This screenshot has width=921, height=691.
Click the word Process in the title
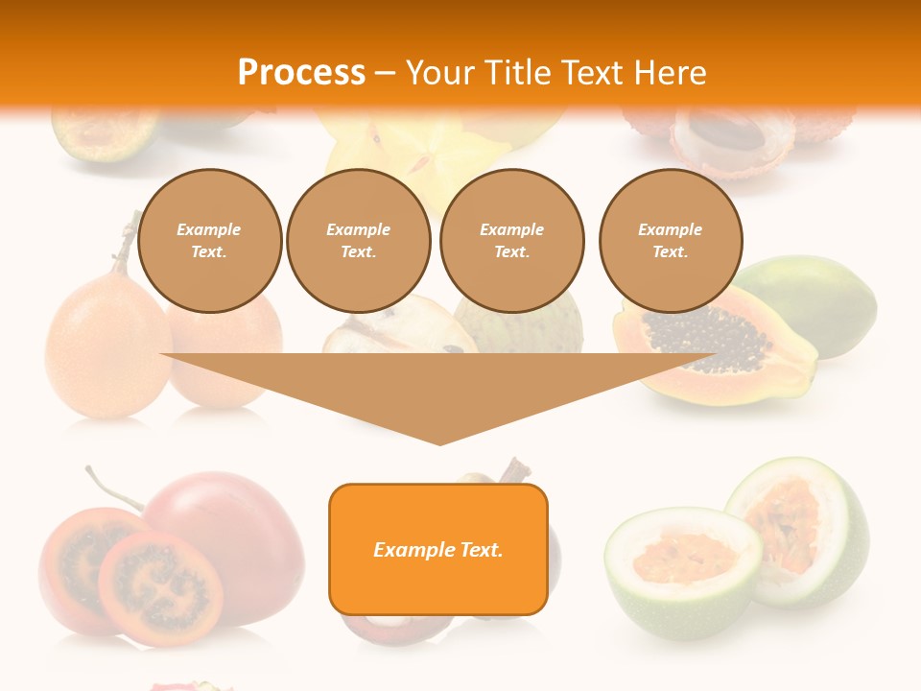pos(301,72)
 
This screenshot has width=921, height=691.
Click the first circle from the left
pos(210,241)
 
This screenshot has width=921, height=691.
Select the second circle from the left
pos(359,241)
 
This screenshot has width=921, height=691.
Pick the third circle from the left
pos(512,241)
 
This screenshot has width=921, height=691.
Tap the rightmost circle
pos(671,241)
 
